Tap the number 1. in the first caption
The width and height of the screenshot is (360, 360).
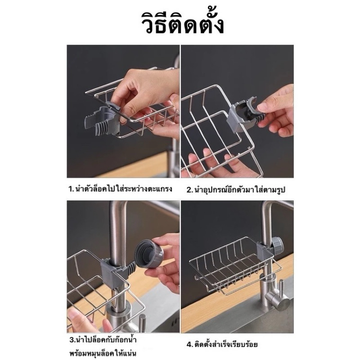(x=71, y=189)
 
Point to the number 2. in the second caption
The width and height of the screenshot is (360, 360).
(x=189, y=190)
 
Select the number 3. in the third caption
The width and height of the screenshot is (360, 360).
(x=72, y=340)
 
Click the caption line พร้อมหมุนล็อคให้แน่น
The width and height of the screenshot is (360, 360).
(x=103, y=352)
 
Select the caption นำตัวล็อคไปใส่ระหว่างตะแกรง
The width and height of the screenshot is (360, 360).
(x=123, y=189)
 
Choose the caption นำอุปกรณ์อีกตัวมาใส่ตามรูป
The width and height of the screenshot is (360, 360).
(x=240, y=190)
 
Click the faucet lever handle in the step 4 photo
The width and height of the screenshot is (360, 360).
(x=278, y=300)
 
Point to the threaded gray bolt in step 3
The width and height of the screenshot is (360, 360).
(x=131, y=268)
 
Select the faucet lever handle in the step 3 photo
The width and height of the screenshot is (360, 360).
(x=142, y=324)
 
